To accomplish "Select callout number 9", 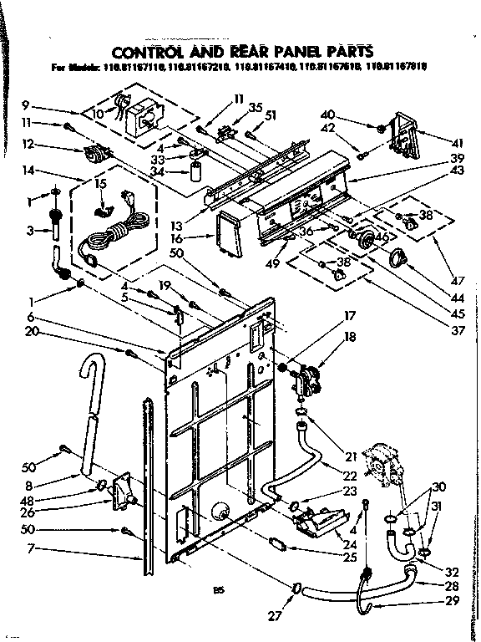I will pyautogui.click(x=27, y=105).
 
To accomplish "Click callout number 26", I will pyautogui.click(x=27, y=513).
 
